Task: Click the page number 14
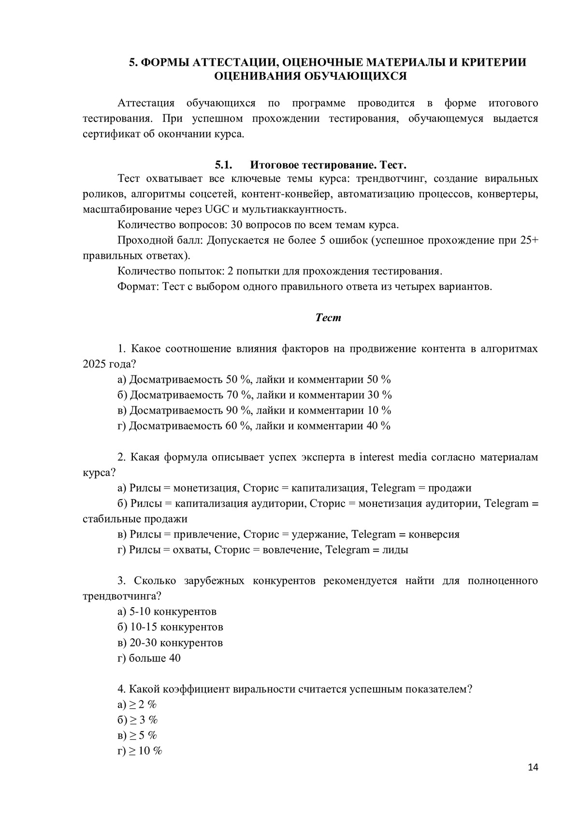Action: click(x=533, y=767)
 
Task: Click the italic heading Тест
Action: click(x=328, y=318)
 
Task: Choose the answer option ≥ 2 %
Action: click(x=143, y=704)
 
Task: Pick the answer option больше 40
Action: click(x=155, y=658)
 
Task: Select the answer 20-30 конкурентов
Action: click(x=176, y=642)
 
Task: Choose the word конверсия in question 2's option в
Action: click(x=434, y=534)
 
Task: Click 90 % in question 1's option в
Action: click(x=239, y=410)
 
